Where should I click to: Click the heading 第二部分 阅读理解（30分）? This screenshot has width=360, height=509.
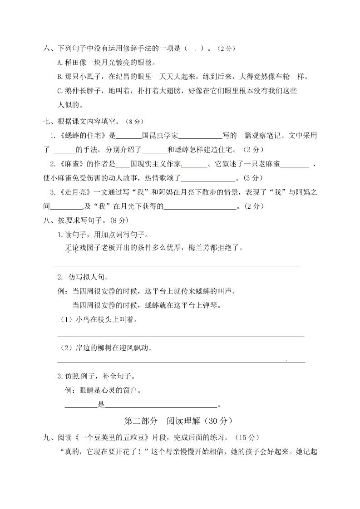pyautogui.click(x=179, y=421)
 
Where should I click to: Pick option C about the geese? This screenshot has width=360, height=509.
pyautogui.click(x=177, y=91)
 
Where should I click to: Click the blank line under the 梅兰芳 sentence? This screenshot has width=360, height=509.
pyautogui.click(x=177, y=265)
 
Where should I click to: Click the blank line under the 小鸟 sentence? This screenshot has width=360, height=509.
pyautogui.click(x=180, y=336)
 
